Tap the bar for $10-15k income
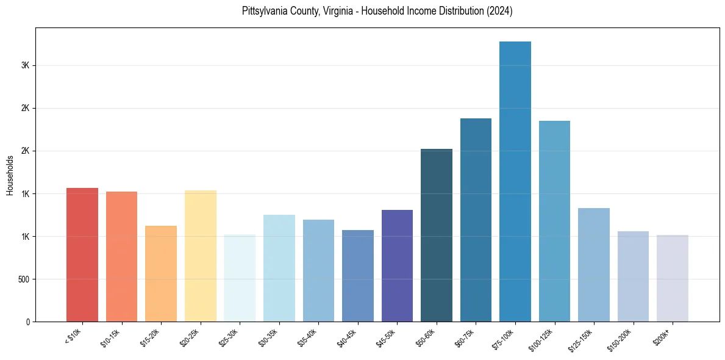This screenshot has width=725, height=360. (x=121, y=256)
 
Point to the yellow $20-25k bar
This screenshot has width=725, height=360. (x=201, y=256)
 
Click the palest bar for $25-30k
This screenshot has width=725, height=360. (x=240, y=278)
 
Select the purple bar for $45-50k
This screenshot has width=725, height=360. (x=397, y=265)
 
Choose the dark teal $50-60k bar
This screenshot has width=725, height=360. (x=437, y=235)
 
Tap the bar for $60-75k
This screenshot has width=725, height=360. (x=476, y=220)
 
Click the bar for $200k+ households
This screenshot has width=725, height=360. (x=673, y=278)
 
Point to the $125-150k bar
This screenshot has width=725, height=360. (x=594, y=265)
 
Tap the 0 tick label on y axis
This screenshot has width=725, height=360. (x=28, y=322)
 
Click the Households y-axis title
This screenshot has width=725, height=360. (x=10, y=175)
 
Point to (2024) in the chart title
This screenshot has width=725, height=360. (x=499, y=12)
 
